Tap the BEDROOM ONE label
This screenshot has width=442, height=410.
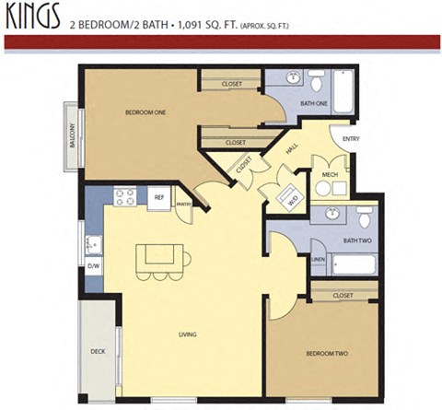(x=145, y=112)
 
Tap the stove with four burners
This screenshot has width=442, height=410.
(x=125, y=196)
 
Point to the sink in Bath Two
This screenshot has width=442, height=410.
(x=331, y=215)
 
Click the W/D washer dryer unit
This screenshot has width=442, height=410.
(x=292, y=194)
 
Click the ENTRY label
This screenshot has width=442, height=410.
(x=350, y=139)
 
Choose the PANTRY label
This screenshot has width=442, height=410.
(x=183, y=204)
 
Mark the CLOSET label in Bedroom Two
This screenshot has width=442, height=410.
(x=343, y=295)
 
